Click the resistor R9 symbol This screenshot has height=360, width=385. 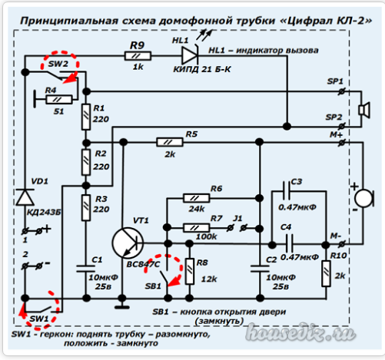coord(138,56)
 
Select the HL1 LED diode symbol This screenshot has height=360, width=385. coord(190,55)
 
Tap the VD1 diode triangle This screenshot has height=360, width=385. coord(25,197)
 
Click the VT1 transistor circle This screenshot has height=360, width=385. coord(128,243)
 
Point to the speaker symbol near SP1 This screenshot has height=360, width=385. coord(364,110)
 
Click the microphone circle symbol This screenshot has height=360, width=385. coord(364,198)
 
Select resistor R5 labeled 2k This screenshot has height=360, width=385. coord(170,142)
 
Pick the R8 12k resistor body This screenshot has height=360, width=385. coord(189,272)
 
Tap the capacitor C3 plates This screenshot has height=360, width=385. coord(287,190)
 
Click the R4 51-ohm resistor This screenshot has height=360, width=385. coord(59,99)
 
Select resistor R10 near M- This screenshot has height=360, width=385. coord(326,273)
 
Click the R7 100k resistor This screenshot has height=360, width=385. coord(196,227)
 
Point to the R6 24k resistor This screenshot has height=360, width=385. coord(196,198)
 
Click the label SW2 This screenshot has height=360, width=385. coord(58,64)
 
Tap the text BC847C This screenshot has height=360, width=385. coord(143,264)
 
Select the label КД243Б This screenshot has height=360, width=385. coord(44,212)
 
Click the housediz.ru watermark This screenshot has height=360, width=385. coord(300,333)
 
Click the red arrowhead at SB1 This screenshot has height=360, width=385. coord(174,281)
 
